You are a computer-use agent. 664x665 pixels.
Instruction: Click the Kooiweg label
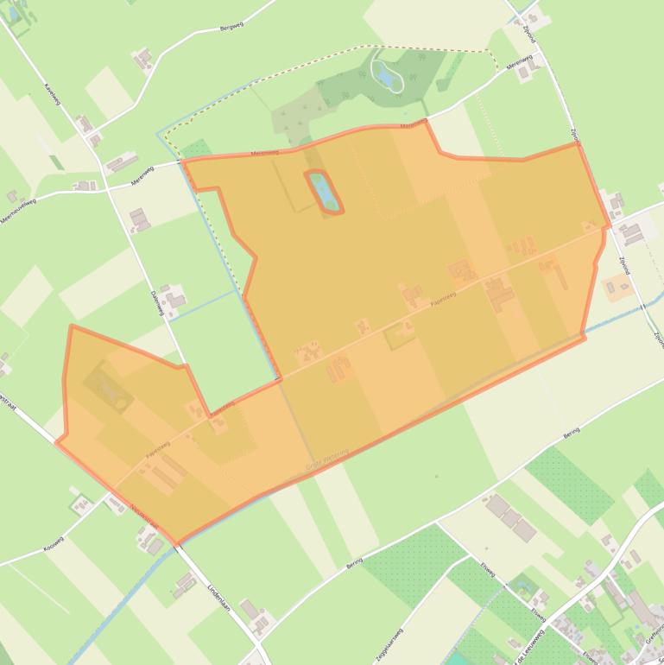tap(54, 548)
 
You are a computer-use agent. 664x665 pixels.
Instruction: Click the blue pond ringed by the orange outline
tap(324, 191)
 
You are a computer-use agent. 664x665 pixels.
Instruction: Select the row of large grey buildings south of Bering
tap(512, 517)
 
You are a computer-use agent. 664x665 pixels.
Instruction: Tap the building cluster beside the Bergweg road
tap(143, 59)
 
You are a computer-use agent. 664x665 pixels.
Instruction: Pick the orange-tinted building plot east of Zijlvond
tap(618, 286)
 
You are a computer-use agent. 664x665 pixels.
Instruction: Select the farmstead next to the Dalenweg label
tap(174, 299)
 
